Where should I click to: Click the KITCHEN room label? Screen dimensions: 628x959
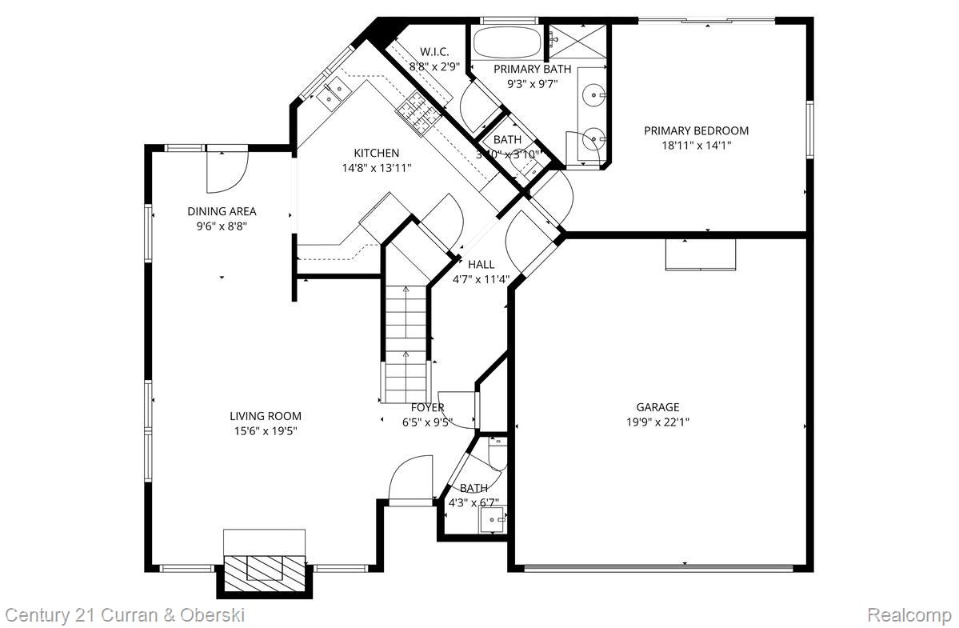coord(377,153)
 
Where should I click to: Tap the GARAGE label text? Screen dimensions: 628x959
coord(657,407)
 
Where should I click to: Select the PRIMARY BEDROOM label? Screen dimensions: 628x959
coord(696,130)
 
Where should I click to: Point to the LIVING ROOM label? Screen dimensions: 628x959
coord(266,416)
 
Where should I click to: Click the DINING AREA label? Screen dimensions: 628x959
coord(222,211)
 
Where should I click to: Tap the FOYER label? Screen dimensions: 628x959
coord(427,407)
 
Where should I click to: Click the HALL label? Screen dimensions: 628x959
coord(481,264)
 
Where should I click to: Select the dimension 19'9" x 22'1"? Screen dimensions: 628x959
coord(657,422)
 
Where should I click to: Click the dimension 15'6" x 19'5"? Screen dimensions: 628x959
coord(266,431)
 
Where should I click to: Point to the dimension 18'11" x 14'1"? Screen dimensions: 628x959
coord(696,146)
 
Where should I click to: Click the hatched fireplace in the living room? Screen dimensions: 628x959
coord(265,569)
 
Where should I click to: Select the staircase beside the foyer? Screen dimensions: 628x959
coord(406,344)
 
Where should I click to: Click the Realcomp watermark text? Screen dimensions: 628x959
coord(909,615)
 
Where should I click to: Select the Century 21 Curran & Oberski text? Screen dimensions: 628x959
coord(125,615)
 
